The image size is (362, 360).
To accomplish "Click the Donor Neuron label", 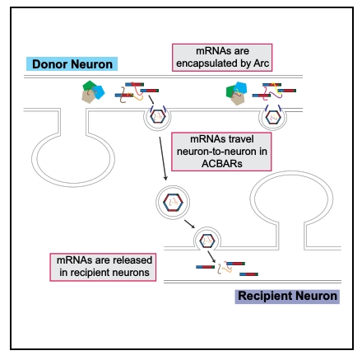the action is pos(72,64).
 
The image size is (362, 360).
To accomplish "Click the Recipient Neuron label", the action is pos(287,297).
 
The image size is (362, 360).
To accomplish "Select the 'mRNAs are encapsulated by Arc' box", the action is pos(222,58).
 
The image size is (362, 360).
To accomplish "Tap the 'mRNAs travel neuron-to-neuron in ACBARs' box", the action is pos(221,152).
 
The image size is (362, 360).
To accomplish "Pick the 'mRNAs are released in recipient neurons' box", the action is pos(103,267).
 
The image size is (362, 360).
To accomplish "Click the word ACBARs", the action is pos(222,164).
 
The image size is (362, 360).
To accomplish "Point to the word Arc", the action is pos(261,63).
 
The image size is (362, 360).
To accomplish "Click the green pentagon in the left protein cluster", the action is pos(88,86).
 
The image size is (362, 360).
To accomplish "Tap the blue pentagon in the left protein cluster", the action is pos(99,91).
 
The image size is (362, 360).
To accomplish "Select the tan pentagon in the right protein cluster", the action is pos(238,99).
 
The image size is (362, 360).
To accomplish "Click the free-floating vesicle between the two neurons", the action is pos(173,202).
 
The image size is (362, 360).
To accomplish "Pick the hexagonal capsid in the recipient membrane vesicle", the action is pos(207,241).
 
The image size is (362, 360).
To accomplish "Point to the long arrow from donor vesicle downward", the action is pos(163,158).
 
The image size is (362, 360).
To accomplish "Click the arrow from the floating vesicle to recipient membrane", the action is pos(189,224).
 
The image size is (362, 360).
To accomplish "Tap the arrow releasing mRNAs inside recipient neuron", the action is pos(211,257).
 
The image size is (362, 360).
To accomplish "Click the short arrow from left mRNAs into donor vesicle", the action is pos(151,100).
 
